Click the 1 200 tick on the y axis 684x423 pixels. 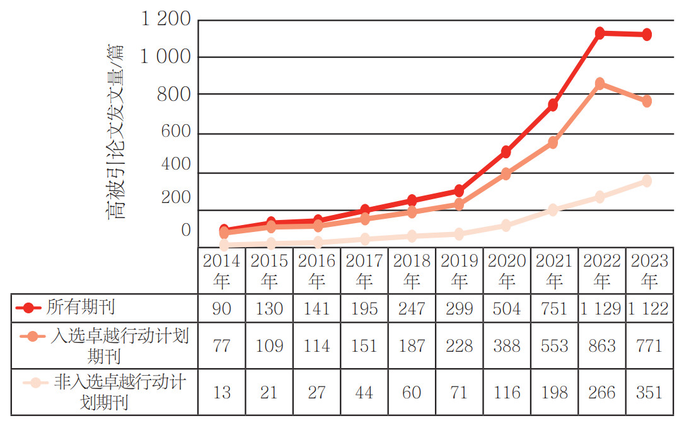[x=165, y=20]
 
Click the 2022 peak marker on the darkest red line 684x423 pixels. [x=600, y=33]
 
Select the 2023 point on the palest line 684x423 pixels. [x=647, y=181]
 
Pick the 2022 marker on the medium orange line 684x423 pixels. [x=600, y=84]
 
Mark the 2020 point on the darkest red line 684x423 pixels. [x=506, y=152]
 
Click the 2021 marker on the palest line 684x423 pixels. [x=553, y=209]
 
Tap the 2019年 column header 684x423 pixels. [x=459, y=270]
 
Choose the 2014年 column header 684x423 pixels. [x=222, y=270]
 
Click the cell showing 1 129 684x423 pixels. [x=601, y=308]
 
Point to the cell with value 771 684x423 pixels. [x=649, y=345]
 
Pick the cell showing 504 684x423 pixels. [x=506, y=308]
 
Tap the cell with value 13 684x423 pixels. [x=222, y=393]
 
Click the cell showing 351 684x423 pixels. [x=649, y=393]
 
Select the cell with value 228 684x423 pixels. [x=459, y=345]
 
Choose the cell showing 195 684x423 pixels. [x=364, y=308]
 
